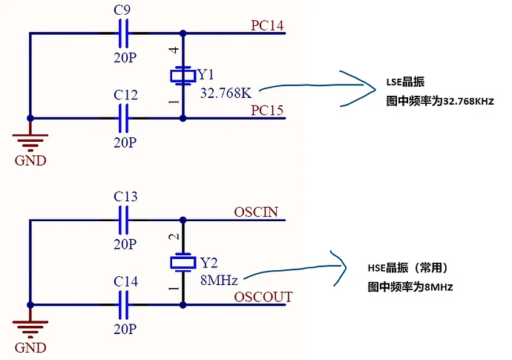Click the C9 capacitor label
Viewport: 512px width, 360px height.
coord(124,10)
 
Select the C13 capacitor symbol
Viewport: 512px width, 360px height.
coord(125,220)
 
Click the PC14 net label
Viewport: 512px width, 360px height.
coord(268,24)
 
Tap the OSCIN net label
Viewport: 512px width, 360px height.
coord(255,212)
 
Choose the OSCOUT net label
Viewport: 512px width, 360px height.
coord(263,297)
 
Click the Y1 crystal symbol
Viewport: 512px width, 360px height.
coord(183,75)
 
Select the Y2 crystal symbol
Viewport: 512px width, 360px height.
coord(183,262)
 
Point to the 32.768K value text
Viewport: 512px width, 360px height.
coord(226,93)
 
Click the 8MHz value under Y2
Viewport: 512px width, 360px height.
coord(219,280)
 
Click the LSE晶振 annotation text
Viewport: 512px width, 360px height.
coord(404,82)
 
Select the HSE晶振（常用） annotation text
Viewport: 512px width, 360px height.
coord(409,268)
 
